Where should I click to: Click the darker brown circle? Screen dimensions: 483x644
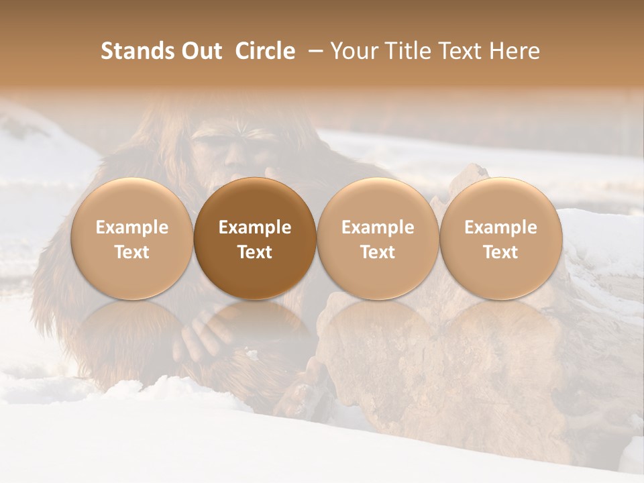point(255,239)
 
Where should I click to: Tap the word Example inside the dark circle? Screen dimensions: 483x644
point(255,227)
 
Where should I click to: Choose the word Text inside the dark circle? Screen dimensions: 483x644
point(255,252)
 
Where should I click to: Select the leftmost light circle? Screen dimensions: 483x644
point(131,239)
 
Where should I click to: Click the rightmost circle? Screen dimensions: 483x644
point(500,239)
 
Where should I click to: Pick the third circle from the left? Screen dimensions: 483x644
point(378,239)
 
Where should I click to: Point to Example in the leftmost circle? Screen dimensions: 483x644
point(131,227)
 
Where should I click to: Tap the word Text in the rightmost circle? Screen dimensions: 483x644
point(500,252)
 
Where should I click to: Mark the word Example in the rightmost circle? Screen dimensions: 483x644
point(500,227)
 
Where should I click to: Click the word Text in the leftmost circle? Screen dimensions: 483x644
point(131,252)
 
